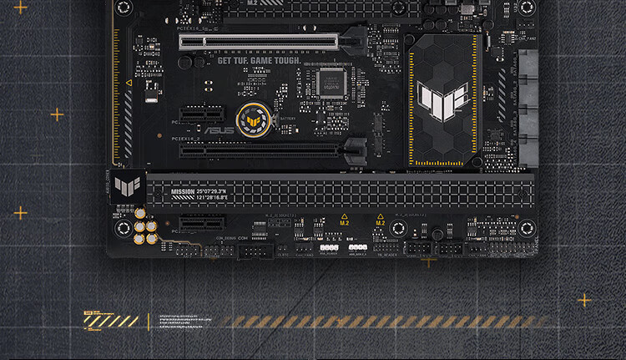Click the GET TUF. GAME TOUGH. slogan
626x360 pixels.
[x=259, y=60]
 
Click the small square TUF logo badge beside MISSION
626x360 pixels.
[x=127, y=185]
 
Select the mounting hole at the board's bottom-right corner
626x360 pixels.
[x=526, y=227]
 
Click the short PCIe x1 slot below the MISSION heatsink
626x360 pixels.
[x=203, y=223]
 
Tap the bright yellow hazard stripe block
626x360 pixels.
[x=111, y=321]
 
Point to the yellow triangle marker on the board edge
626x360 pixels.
[x=129, y=84]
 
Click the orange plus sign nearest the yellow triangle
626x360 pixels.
[x=57, y=114]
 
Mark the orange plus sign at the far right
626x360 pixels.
[x=584, y=300]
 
